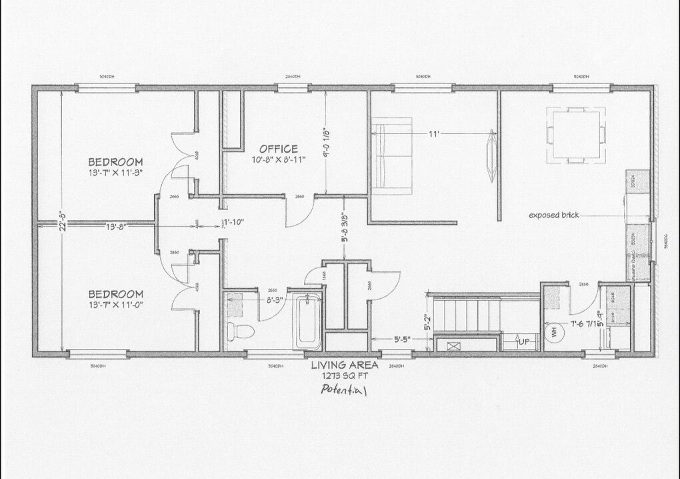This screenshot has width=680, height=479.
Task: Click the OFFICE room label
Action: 279,148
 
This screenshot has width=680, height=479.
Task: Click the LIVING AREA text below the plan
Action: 345,365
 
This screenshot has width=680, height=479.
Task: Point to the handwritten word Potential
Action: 344,390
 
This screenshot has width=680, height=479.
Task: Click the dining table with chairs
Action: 577,135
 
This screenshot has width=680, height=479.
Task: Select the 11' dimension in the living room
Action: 434,134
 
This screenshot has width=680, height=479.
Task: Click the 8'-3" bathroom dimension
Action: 273,300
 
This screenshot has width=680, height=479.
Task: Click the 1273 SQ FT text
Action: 345,376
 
